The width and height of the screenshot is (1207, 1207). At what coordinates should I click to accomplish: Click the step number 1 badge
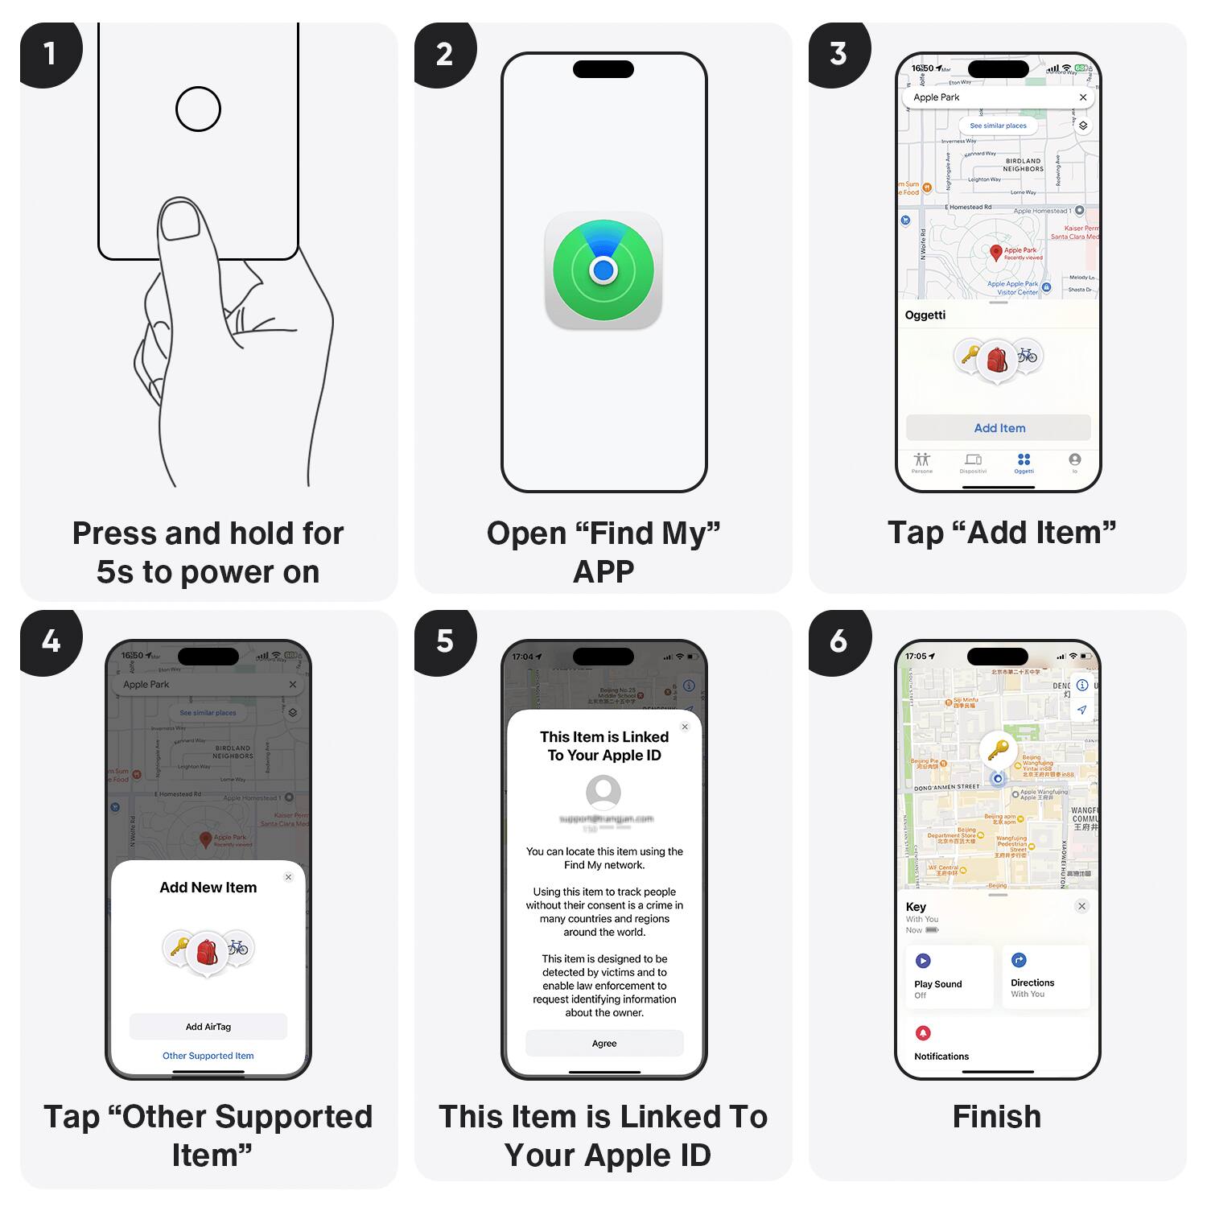[49, 53]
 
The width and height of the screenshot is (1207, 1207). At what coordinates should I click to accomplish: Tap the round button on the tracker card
[198, 109]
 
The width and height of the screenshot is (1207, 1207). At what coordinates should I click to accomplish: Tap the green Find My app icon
[603, 270]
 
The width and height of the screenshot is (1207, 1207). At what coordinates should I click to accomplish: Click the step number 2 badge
[444, 53]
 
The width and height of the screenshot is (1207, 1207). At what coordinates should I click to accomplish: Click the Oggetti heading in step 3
[925, 315]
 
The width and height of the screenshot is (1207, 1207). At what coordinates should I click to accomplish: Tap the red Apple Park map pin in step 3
[996, 253]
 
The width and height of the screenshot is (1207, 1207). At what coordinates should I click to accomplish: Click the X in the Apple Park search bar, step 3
[1083, 97]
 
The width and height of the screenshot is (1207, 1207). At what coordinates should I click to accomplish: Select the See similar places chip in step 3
[998, 126]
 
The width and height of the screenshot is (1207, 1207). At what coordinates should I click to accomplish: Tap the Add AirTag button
[208, 1027]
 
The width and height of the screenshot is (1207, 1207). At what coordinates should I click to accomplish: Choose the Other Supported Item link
[208, 1056]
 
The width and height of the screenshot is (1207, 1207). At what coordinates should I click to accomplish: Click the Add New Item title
[208, 888]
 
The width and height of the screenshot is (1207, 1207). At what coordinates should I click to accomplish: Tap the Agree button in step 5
[604, 1044]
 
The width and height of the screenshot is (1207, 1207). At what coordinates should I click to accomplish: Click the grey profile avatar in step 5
[603, 793]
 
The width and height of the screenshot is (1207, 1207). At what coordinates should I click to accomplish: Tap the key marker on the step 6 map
[998, 750]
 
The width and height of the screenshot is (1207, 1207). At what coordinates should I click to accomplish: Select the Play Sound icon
[923, 961]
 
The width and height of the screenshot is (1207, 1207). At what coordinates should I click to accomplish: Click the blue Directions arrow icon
[1019, 960]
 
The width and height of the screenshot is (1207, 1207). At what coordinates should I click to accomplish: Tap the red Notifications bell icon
[923, 1033]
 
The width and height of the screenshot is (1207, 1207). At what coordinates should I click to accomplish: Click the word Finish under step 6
[997, 1117]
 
